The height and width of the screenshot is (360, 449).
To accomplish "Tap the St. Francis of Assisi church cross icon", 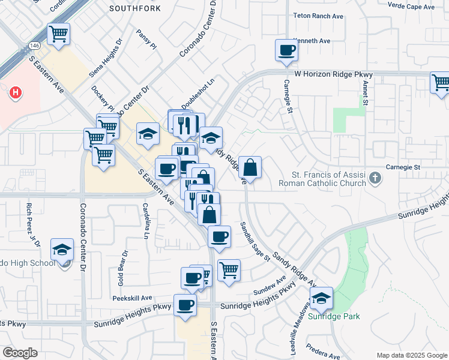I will click(x=375, y=178).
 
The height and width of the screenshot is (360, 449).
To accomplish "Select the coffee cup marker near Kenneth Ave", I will click(x=287, y=50).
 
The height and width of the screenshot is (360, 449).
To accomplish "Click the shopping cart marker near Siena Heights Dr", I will click(x=59, y=34).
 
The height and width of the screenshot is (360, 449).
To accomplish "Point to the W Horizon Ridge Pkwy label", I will click(x=333, y=74).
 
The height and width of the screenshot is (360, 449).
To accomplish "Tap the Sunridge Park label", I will click(x=329, y=316).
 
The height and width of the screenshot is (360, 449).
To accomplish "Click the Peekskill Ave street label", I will click(x=132, y=298).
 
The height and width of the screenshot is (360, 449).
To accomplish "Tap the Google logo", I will click(x=20, y=353).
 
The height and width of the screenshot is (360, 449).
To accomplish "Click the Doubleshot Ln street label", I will click(x=198, y=95).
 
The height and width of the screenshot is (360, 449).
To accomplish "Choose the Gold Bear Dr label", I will click(x=122, y=268).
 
